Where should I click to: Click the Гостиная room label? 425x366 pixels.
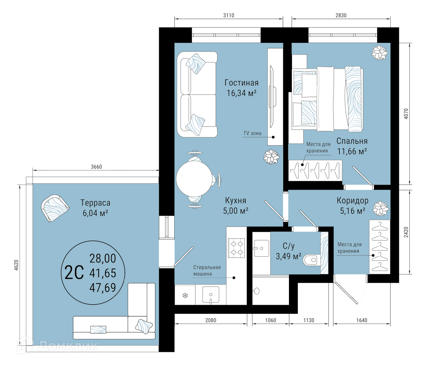242,83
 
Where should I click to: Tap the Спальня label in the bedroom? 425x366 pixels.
352,141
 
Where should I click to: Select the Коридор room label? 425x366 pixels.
352,201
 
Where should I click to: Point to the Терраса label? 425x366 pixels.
95,203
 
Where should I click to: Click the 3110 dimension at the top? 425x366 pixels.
229,16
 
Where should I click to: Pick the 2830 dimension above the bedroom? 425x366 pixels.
341,16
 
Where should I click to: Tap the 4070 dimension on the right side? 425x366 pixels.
406,114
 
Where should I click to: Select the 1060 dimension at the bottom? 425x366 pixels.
270,320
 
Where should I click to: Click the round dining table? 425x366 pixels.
194,179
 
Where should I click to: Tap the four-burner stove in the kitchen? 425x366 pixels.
236,248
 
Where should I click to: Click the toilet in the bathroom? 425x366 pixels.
312,260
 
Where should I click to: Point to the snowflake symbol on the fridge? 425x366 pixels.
185,296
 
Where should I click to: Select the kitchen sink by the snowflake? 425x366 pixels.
210,295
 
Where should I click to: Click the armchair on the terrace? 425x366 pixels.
55,208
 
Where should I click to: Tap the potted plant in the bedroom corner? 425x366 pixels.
379,53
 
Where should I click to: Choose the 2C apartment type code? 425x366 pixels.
74,273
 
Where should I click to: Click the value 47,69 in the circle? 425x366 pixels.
103,287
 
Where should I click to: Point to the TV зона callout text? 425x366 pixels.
252,133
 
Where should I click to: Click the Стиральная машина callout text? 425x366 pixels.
207,270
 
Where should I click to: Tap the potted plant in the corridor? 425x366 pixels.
381,208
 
